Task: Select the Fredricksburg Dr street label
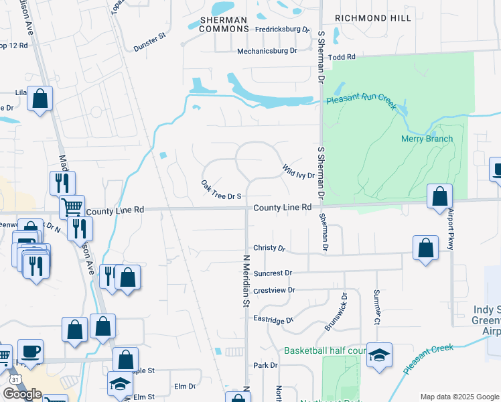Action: [283, 30]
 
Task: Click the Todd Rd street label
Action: [342, 58]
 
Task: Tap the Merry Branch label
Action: [427, 139]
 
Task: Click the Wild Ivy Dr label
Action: [298, 171]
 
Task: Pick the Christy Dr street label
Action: [269, 248]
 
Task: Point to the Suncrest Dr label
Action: [273, 273]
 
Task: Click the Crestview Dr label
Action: [274, 291]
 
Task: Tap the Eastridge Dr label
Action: [274, 320]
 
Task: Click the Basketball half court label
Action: [325, 350]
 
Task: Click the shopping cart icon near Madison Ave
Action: [72, 206]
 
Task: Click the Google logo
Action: [22, 394]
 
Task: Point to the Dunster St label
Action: [149, 42]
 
